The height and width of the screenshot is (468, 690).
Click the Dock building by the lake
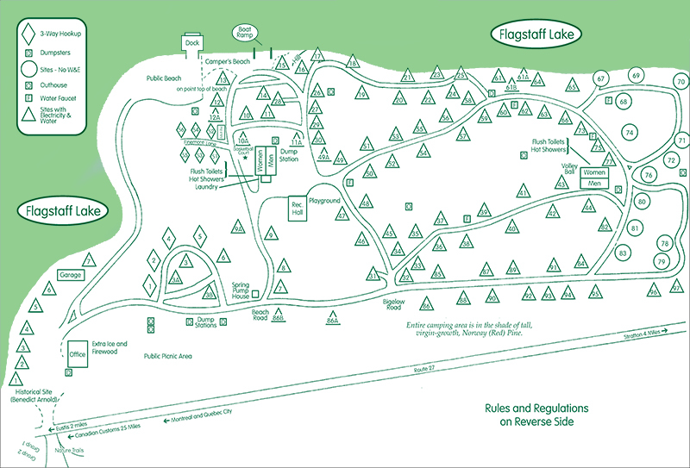191,42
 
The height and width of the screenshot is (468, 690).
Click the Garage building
69,275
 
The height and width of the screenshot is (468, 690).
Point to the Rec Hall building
298,208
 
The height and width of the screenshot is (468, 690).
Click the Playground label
325,201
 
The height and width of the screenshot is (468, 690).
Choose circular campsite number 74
630,133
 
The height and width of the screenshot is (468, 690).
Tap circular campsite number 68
624,102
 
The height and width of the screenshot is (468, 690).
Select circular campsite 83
623,253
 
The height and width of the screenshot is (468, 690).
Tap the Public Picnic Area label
167,355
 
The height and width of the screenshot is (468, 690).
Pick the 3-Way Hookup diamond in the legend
28,34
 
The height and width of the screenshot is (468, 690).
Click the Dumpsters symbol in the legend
28,53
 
